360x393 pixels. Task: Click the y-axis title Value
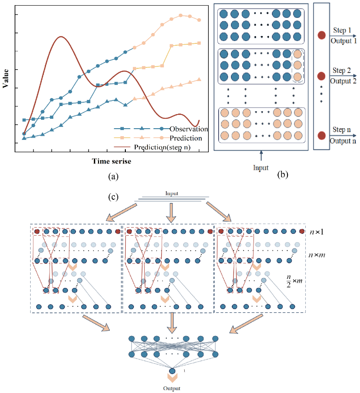pyautogui.click(x=6, y=77)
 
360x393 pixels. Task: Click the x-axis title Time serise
pyautogui.click(x=112, y=161)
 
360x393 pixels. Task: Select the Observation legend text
pyautogui.click(x=188, y=129)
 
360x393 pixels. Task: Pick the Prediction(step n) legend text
pyautogui.click(x=167, y=147)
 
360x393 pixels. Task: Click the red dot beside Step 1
pyautogui.click(x=322, y=35)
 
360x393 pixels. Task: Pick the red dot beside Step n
pyautogui.click(x=322, y=135)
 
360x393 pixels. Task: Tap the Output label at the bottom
pyautogui.click(x=172, y=389)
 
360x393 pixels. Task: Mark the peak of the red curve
pyautogui.click(x=60, y=37)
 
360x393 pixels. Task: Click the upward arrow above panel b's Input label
pyautogui.click(x=261, y=156)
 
